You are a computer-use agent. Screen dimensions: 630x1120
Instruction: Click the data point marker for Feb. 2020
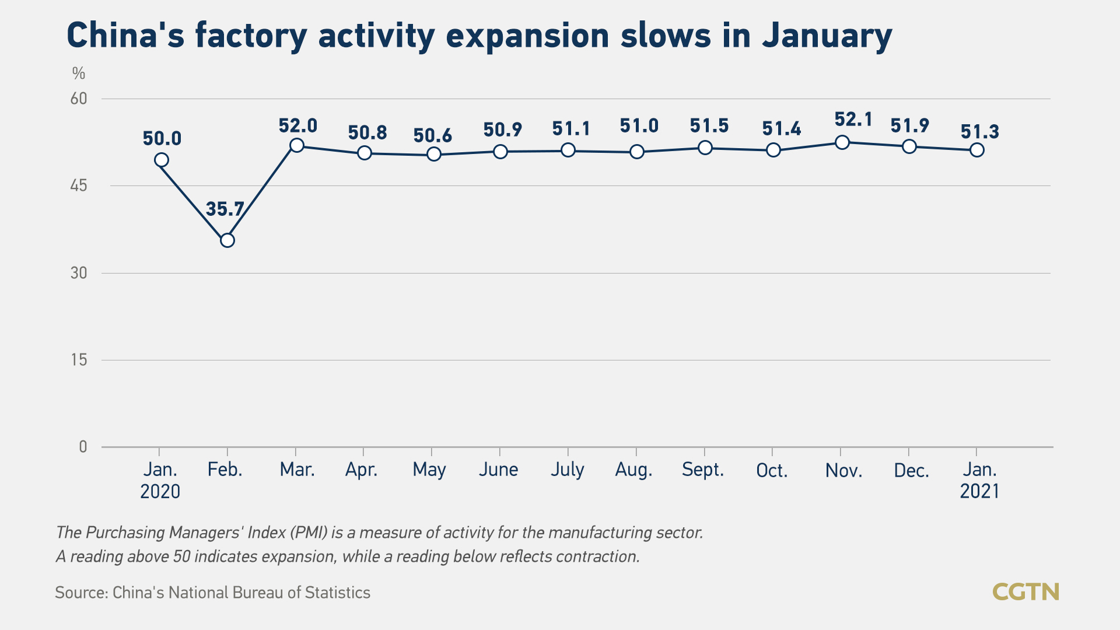228,240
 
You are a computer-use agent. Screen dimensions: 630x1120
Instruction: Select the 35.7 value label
225,209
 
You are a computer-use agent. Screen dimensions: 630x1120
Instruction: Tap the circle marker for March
296,145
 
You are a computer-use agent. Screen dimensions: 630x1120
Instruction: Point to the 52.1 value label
853,120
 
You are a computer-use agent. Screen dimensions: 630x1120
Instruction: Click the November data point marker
842,142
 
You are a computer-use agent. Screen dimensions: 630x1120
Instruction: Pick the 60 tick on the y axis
79,99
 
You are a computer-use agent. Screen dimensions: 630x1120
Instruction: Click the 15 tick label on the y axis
79,360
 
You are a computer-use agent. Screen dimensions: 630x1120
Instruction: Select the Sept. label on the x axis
703,470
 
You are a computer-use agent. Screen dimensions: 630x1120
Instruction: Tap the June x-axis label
498,470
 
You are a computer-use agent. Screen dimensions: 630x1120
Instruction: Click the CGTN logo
1025,592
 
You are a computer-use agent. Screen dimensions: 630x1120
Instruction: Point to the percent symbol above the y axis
79,73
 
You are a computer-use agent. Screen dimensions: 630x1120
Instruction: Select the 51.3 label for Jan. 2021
980,132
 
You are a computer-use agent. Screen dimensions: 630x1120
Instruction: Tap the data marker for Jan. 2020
162,160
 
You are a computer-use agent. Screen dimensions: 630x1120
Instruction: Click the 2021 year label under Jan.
979,491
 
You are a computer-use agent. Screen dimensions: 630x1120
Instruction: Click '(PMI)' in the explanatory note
309,533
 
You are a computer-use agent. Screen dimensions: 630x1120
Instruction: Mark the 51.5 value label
709,126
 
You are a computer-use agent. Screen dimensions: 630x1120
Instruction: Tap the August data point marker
637,152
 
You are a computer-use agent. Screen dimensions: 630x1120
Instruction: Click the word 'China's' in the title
125,36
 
